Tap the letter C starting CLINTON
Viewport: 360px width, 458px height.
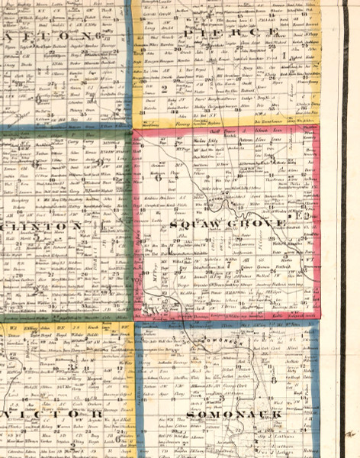click(x=8, y=227)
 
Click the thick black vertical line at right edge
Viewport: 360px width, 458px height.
click(x=345, y=229)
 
